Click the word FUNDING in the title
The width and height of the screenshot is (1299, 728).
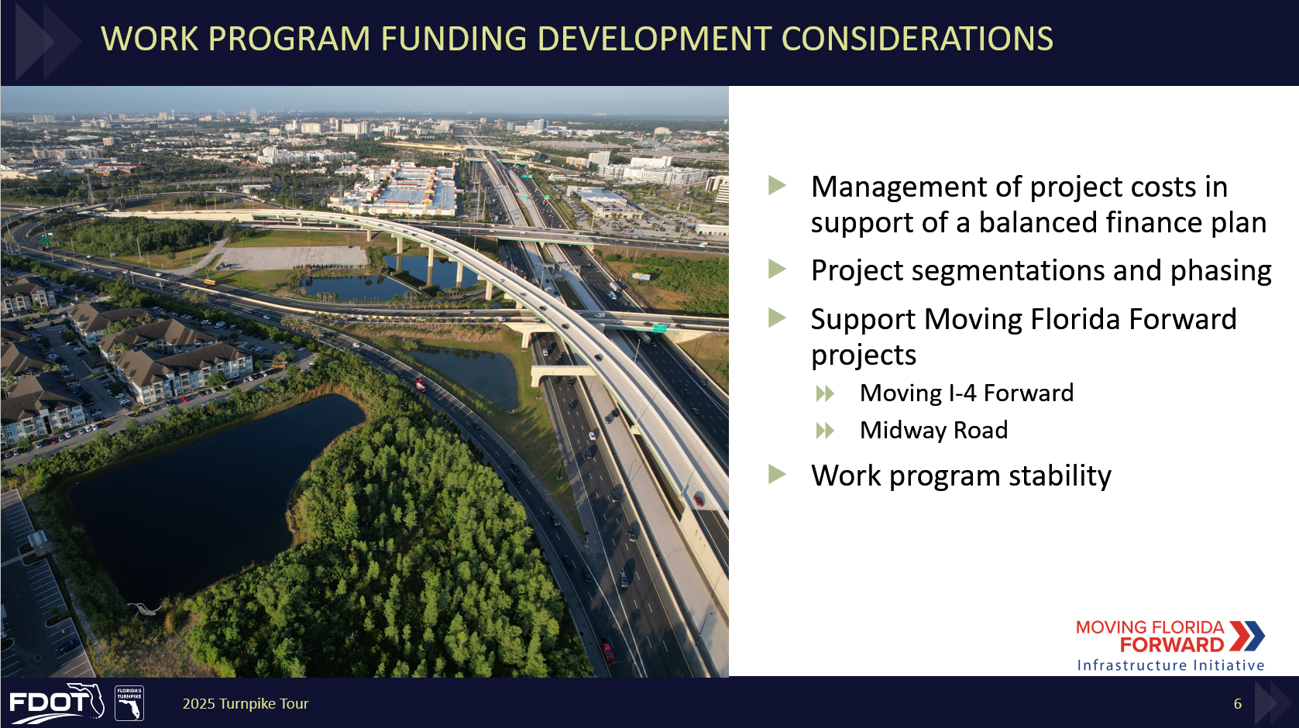click(x=453, y=39)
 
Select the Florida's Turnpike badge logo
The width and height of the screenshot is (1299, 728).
click(x=129, y=703)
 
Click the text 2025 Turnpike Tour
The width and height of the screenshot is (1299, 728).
click(x=246, y=704)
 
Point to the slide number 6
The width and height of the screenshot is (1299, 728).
click(x=1238, y=704)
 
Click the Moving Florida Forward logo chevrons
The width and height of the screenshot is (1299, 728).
click(x=1247, y=636)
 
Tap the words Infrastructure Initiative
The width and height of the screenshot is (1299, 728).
click(x=1170, y=664)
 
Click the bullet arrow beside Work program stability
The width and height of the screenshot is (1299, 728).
click(x=777, y=474)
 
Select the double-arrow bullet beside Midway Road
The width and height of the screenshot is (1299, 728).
click(x=825, y=431)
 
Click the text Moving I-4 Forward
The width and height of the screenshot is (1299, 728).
click(x=967, y=393)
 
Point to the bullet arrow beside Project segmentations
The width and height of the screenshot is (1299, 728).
click(x=777, y=269)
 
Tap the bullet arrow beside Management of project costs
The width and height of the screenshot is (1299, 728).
click(x=777, y=185)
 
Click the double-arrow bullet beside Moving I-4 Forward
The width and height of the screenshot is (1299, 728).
click(x=825, y=394)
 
